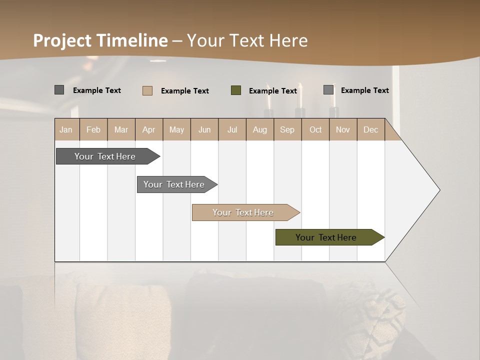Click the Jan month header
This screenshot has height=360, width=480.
coord(66,129)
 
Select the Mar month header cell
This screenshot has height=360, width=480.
coord(121,129)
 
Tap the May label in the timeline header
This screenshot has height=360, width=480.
coord(176,129)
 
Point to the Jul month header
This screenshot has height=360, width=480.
coord(232,129)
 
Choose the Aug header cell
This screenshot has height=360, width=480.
coord(259,129)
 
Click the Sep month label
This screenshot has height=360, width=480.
coord(287,129)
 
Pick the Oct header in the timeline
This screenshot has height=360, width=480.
coord(315,129)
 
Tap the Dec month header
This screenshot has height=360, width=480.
coord(370,129)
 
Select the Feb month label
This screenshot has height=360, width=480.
coord(93,129)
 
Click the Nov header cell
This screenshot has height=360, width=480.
coord(342,129)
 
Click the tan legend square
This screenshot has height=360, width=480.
coord(147,90)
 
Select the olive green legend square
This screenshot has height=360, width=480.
coord(236,90)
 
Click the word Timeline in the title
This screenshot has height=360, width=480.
coord(132,40)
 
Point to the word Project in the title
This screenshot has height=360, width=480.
coord(62,40)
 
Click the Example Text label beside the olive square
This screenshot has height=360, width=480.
coord(272,90)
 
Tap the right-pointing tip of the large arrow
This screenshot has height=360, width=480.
coord(438,190)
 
